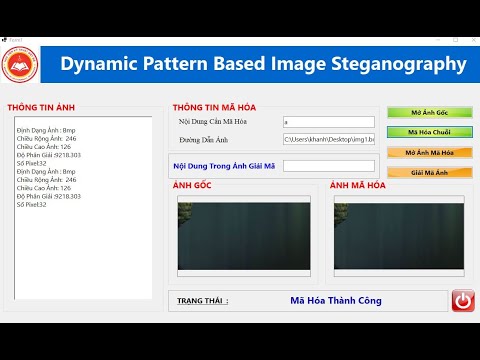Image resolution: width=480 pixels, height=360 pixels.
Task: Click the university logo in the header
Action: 29,65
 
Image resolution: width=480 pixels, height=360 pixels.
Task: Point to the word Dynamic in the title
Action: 101,65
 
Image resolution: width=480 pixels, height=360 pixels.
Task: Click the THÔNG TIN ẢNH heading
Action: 41,107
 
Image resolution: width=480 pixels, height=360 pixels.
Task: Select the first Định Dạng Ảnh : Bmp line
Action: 46,130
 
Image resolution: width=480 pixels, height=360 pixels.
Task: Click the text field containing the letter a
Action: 328,122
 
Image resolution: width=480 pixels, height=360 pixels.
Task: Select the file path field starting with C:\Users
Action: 328,140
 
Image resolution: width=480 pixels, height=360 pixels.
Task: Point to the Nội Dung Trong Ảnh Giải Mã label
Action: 223,165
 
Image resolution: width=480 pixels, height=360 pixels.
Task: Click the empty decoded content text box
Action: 328,165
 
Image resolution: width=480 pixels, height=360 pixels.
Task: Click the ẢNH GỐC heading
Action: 192,186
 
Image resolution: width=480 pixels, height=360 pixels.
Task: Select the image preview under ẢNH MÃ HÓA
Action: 399,233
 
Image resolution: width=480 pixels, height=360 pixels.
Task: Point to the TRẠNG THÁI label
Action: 202,300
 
